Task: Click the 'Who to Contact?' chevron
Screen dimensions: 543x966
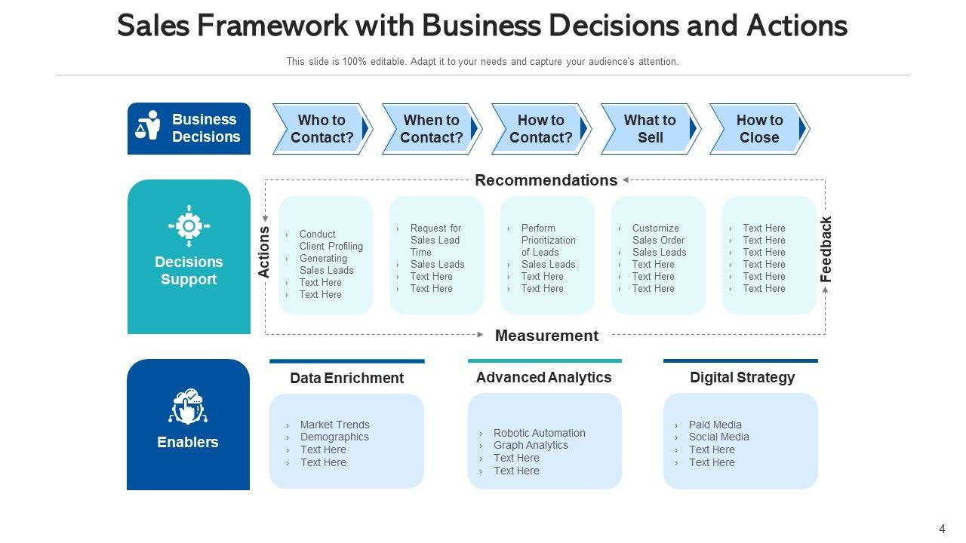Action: point(322,129)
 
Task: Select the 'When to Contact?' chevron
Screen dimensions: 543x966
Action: point(432,129)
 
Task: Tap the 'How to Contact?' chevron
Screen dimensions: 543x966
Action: point(541,129)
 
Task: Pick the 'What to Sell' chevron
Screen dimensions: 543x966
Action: point(650,129)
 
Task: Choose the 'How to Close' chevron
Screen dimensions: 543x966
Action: point(759,129)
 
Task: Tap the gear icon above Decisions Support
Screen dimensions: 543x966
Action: point(189,225)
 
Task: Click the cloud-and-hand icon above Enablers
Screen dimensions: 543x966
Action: point(188,406)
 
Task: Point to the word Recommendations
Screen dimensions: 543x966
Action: point(546,180)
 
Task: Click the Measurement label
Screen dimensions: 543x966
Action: point(546,336)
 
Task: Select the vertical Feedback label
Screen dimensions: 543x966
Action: point(826,249)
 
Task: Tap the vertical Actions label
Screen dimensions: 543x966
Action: point(264,252)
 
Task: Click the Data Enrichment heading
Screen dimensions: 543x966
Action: point(346,378)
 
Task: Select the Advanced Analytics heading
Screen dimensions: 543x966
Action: point(543,377)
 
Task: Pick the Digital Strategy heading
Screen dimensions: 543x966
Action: point(742,377)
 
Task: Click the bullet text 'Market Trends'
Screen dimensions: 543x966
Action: point(335,425)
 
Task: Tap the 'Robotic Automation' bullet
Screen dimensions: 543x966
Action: point(539,433)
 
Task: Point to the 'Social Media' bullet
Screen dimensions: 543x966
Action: point(718,437)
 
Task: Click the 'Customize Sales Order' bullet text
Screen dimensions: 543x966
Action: point(658,234)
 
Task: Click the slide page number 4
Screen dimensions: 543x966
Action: point(942,529)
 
